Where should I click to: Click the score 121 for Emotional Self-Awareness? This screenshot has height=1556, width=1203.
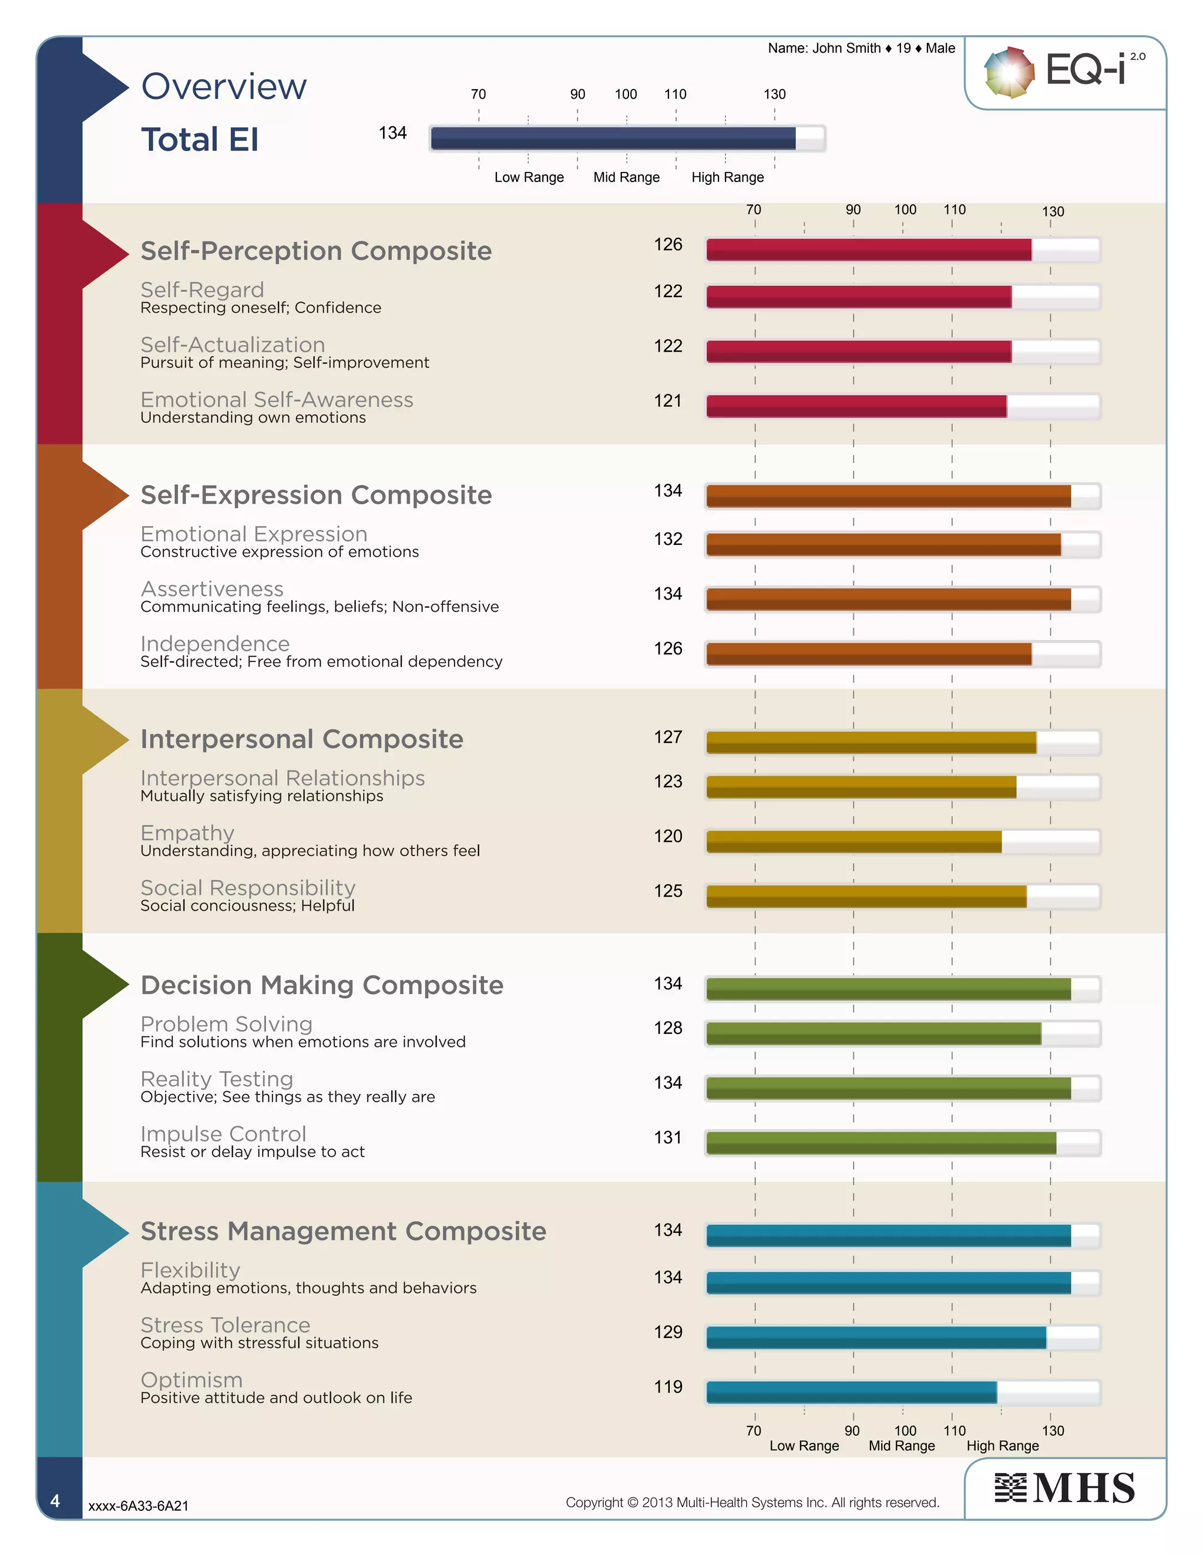668,401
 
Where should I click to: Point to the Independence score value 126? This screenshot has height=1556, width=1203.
668,649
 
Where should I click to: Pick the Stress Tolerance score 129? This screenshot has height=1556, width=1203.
668,1332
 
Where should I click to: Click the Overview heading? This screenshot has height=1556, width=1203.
224,87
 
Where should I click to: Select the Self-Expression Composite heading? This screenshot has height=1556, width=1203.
315,495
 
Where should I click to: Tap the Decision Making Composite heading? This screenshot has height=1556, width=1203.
321,985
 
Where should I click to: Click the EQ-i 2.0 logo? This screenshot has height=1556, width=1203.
1065,71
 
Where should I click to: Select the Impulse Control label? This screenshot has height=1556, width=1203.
223,1133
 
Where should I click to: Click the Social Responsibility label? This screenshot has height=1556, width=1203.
247,888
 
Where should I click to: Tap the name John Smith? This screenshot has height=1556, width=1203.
846,49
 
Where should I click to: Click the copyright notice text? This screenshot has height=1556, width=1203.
752,1502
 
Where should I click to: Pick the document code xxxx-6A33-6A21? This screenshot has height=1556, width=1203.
138,1506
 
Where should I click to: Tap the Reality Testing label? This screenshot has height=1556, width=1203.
217,1079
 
